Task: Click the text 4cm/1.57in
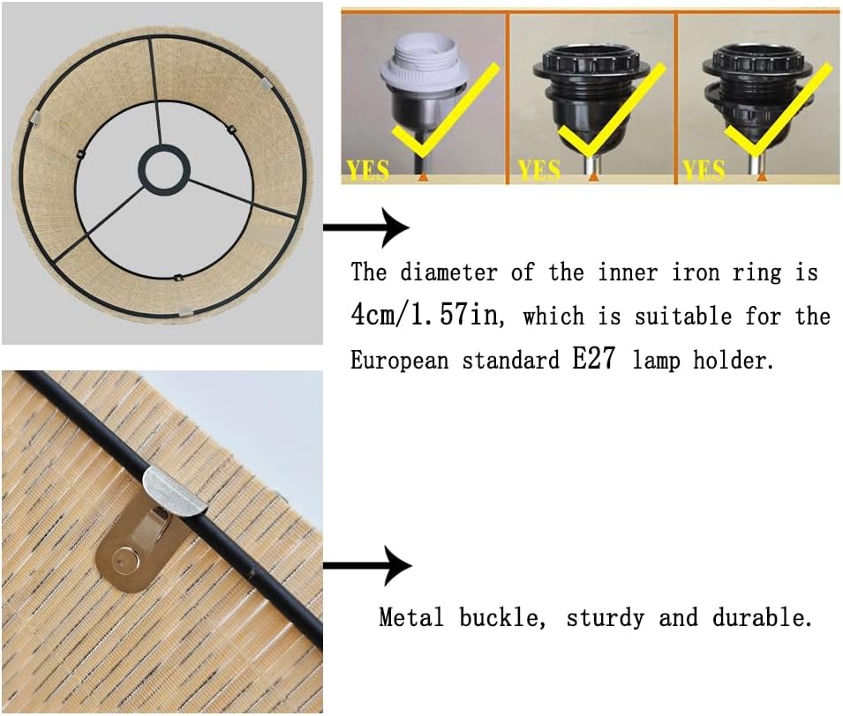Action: coord(427,316)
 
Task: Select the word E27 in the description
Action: coord(593,358)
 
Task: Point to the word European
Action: coord(400,360)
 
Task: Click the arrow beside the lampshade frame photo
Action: coord(365,227)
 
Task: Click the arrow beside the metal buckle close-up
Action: coord(367,565)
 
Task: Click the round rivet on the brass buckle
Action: coord(122,560)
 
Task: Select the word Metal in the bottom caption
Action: coord(411,617)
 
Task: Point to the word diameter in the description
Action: coord(448,272)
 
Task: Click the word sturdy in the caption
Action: coord(606,618)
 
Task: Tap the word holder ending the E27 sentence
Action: coord(733,360)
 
